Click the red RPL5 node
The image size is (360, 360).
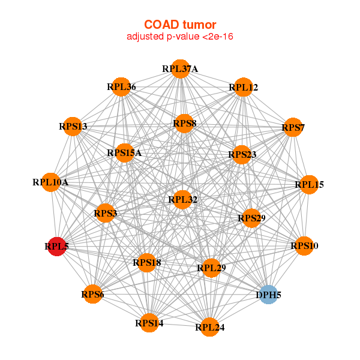tap(56, 246)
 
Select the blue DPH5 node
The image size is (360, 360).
tap(268, 295)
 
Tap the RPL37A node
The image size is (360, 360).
tap(180, 68)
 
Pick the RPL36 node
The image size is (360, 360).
tap(121, 87)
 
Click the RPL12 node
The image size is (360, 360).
tap(243, 88)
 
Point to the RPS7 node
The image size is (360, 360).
tap(293, 127)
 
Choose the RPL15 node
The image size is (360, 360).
tap(308, 184)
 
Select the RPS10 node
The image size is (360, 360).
tap(304, 245)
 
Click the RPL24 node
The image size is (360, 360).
tap(209, 327)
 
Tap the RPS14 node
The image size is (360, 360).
tap(149, 323)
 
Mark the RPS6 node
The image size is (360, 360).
tap(92, 294)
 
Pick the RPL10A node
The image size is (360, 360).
tap(51, 182)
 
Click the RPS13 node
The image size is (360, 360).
tap(73, 126)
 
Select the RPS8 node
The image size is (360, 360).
tap(184, 124)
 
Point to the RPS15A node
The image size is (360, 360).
tap(124, 152)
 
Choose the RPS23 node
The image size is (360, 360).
tap(242, 155)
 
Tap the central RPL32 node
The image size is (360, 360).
tap(182, 199)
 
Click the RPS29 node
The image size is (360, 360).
tap(251, 218)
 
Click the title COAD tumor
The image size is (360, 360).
tap(180, 24)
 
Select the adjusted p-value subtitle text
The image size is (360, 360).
tap(180, 37)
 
